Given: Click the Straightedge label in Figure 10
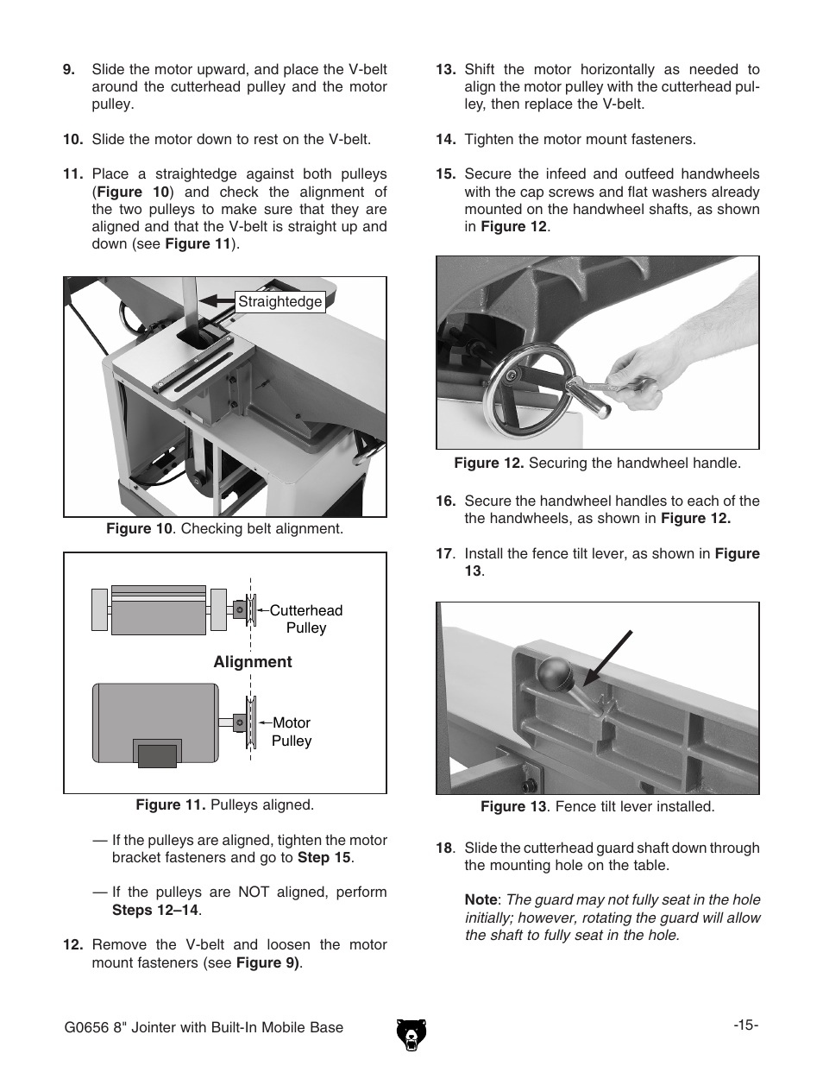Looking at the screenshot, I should [x=280, y=302].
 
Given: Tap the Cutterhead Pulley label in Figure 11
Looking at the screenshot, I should [x=305, y=619].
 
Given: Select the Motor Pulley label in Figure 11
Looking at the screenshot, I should [x=292, y=732].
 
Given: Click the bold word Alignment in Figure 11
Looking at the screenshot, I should [x=253, y=662].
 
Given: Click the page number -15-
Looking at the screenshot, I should [x=746, y=1025].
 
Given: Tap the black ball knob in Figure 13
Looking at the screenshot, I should [x=554, y=672].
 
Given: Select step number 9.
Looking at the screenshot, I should [x=69, y=70].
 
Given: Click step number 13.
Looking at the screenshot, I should [x=445, y=70].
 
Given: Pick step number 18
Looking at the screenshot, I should [x=443, y=848].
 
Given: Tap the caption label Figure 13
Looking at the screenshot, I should [x=513, y=807].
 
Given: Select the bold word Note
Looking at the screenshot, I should [x=481, y=899].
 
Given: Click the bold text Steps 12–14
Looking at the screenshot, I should [x=155, y=910].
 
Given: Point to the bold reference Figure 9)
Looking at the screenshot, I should [x=267, y=962].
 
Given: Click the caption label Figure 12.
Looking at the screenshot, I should [x=488, y=464].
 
